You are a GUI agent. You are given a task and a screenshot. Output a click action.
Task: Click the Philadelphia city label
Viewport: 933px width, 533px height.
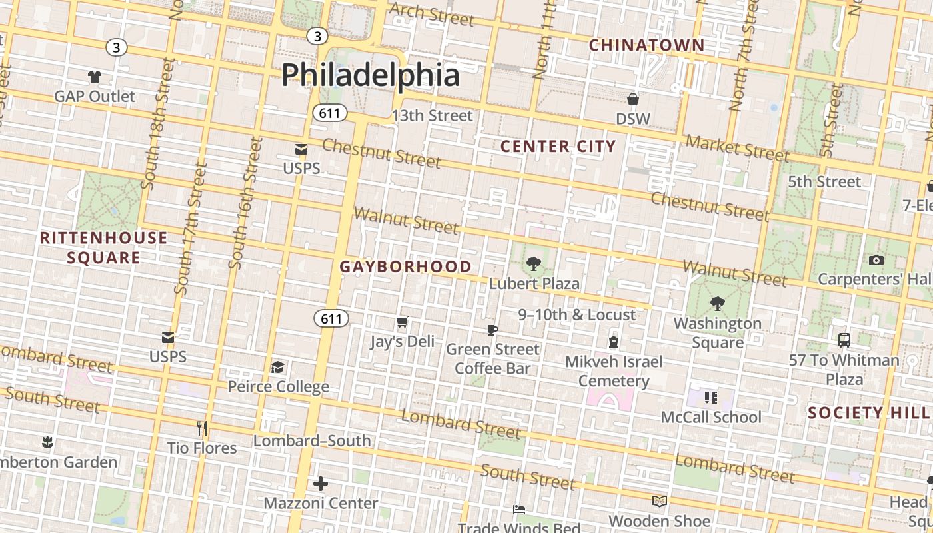[x=370, y=75]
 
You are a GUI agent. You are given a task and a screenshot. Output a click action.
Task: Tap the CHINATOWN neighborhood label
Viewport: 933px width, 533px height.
[x=646, y=45]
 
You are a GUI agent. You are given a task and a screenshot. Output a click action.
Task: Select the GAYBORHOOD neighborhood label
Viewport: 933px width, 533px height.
[x=405, y=267]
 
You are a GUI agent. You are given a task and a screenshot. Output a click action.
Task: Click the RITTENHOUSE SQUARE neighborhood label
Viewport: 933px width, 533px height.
[x=103, y=247]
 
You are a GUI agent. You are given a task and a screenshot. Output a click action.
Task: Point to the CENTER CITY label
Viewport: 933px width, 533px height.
[x=558, y=147]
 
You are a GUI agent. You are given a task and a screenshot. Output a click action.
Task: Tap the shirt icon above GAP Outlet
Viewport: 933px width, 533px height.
[x=95, y=77]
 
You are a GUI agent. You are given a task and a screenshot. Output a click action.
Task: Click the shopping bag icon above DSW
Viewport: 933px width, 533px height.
[x=632, y=100]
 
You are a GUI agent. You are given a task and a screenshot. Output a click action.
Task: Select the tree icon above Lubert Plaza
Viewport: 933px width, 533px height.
[x=533, y=264]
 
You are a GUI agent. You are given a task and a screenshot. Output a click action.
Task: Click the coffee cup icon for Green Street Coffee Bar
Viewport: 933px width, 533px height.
[x=492, y=330]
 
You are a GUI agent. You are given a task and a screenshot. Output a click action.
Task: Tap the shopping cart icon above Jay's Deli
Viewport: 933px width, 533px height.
[x=402, y=323]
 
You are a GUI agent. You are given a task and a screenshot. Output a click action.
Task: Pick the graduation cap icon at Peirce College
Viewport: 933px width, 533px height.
[x=277, y=368]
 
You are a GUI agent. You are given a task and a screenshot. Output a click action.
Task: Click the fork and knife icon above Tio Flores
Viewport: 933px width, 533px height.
[x=201, y=428]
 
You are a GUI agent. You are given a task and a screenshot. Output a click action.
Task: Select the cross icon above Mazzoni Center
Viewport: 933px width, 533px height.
[x=321, y=484]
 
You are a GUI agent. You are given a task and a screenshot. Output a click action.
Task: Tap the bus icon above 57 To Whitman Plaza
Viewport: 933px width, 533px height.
[x=844, y=340]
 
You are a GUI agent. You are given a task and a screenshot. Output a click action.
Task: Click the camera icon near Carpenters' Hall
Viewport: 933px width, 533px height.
[x=876, y=261]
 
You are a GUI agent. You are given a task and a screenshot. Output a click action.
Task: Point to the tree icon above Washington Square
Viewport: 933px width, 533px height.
[x=717, y=304]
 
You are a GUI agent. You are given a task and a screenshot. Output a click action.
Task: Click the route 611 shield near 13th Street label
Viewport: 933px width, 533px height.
[x=329, y=113]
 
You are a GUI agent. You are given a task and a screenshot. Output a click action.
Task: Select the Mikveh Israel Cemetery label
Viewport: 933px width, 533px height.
[x=614, y=371]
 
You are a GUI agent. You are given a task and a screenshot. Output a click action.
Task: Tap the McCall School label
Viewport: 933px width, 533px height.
[x=710, y=418]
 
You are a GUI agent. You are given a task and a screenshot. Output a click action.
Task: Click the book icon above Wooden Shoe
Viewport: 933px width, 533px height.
[x=659, y=501]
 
